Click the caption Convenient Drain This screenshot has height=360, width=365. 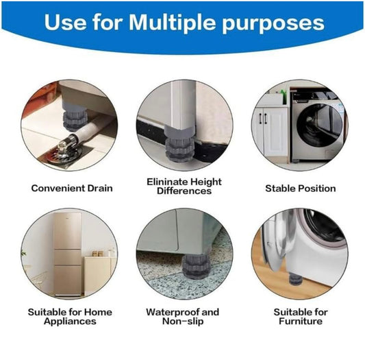coord(72,188)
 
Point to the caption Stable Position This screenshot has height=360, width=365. coord(301,188)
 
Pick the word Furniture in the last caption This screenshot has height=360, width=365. coord(301,321)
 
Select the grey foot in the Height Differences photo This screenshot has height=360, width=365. coord(183,137)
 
